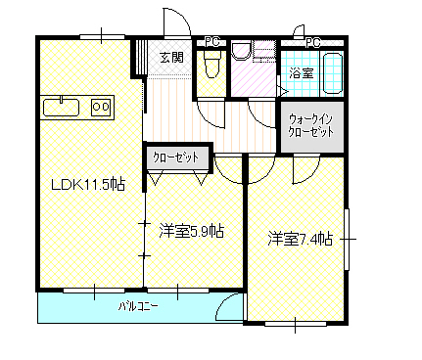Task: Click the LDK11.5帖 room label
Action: coord(88,185)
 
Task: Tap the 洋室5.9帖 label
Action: coord(192,231)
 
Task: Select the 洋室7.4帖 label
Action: coord(301,239)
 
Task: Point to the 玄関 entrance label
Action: coord(172,58)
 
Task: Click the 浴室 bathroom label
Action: coord(302,73)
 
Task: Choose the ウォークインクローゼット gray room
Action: coord(312,126)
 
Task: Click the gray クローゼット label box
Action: coord(177,157)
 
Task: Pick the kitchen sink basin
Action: coord(62,107)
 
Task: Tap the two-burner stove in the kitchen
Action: coord(101,107)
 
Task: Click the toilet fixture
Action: coord(212,64)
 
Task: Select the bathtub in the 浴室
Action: coord(333,73)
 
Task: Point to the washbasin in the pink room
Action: coord(242,51)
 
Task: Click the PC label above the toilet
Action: coord(212,42)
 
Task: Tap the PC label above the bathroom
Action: coord(313,43)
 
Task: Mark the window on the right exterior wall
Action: coord(347,240)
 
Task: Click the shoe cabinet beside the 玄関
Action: coord(139,59)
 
